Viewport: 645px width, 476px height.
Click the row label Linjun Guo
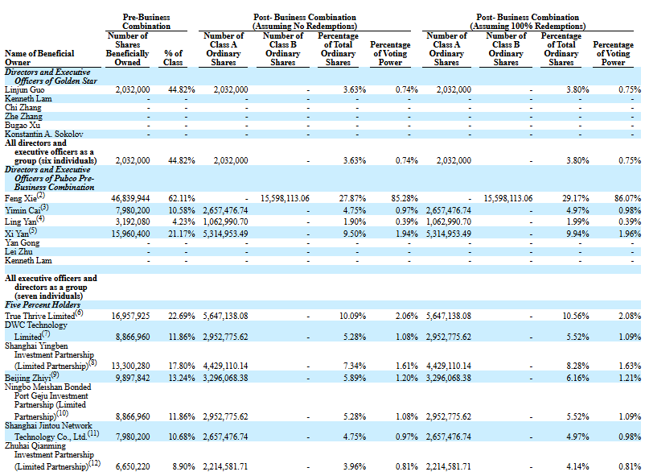(25, 90)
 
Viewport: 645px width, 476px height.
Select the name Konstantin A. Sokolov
(44, 134)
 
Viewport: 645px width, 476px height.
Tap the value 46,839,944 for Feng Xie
(130, 199)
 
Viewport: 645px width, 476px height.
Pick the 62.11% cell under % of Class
(182, 199)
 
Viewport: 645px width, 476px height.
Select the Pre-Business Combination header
(146, 22)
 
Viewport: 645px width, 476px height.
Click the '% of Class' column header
(173, 58)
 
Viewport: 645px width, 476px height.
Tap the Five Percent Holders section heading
(43, 305)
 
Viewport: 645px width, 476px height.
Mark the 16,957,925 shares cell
(131, 316)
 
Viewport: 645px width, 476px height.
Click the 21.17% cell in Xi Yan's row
(182, 234)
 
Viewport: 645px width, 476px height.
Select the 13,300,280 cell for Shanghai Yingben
(131, 366)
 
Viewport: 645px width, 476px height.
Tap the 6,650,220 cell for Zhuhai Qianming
(133, 466)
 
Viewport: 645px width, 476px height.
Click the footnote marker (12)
(95, 463)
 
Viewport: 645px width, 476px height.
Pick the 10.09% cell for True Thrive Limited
(352, 316)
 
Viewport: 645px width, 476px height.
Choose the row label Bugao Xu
(23, 126)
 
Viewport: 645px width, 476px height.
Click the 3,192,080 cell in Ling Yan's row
(133, 221)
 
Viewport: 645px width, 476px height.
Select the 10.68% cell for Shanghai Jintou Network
(182, 437)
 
